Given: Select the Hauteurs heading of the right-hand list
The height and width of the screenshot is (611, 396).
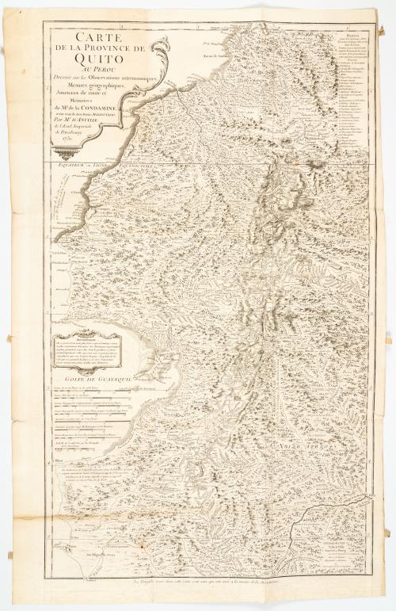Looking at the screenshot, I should point(358,33).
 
